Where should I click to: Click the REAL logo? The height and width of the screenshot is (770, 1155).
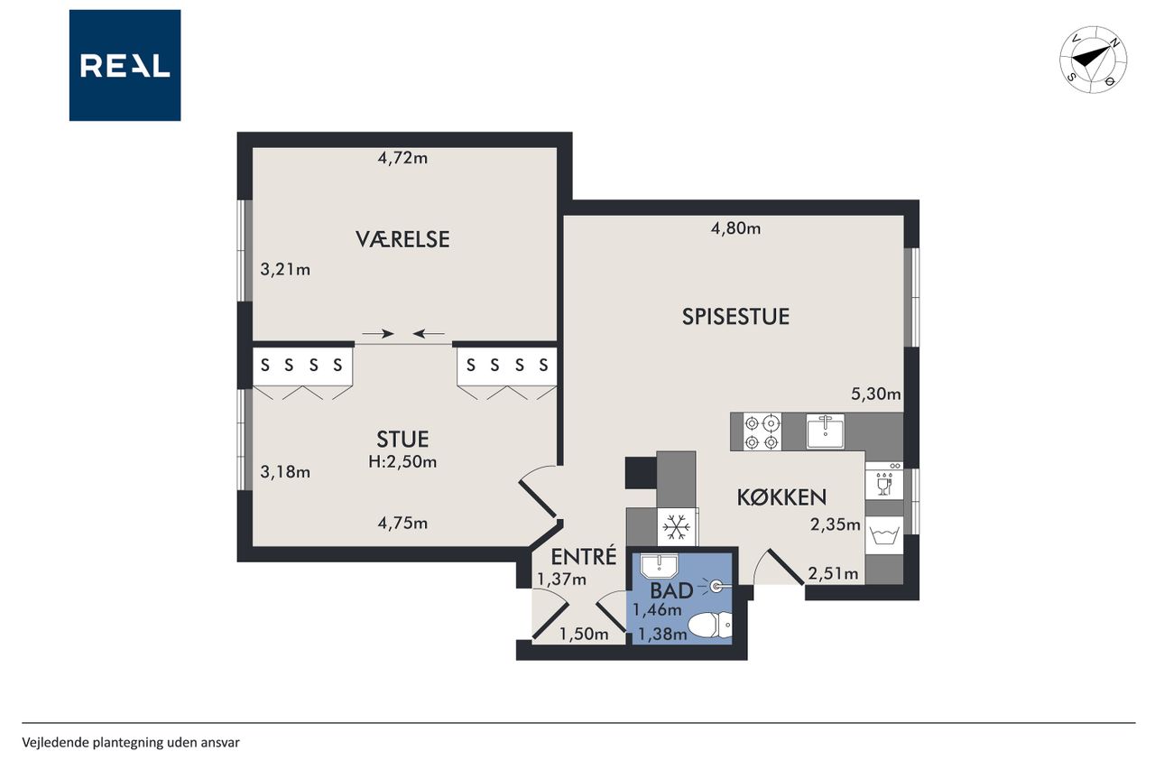[x=125, y=66]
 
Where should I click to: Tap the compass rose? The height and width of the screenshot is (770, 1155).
[x=1093, y=60]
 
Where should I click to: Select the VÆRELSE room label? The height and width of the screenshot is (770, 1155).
[x=402, y=239]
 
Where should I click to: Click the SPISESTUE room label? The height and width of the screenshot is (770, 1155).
[x=735, y=317]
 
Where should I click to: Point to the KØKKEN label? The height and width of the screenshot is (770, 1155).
[x=781, y=497]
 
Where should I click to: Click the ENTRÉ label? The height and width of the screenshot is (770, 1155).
[x=584, y=556]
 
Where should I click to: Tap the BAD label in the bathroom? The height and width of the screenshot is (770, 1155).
[x=671, y=591]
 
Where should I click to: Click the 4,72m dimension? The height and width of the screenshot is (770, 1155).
[x=402, y=158]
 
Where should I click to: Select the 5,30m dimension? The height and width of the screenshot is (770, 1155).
[x=875, y=394]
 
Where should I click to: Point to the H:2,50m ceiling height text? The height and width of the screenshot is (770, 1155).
[x=402, y=461]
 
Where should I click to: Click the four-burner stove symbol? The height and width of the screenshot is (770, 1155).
[x=762, y=432]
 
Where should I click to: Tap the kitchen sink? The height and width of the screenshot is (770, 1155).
[x=826, y=431]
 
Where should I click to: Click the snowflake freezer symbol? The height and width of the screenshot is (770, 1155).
[x=676, y=527]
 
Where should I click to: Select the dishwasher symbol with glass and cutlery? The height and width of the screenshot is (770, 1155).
[x=884, y=481]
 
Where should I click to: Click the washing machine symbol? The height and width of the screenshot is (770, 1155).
[x=884, y=534]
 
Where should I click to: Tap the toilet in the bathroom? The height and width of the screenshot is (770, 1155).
[x=710, y=626]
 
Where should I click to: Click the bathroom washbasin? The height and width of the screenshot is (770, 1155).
[x=659, y=566]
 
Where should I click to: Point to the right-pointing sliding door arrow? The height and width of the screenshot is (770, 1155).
[x=378, y=334]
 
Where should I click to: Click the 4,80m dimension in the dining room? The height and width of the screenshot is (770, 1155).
[x=735, y=228]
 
